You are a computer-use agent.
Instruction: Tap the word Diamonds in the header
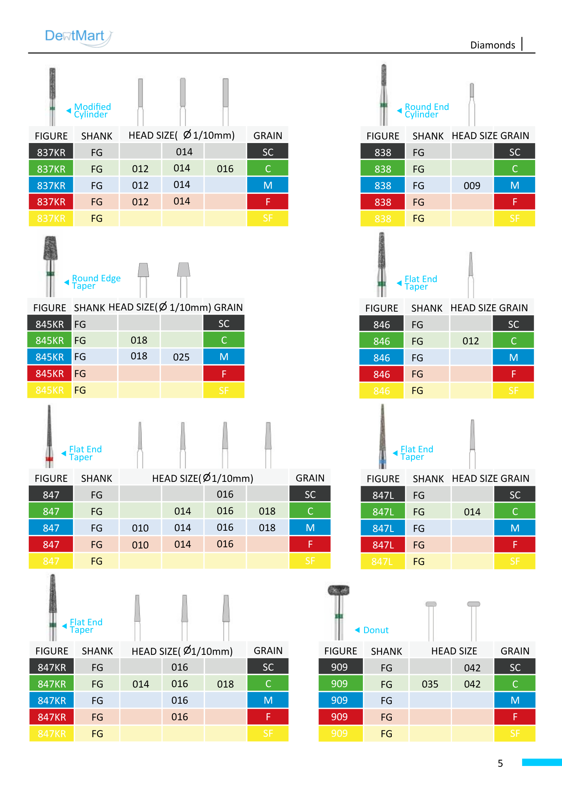[x=493, y=45]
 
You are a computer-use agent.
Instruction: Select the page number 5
[x=500, y=763]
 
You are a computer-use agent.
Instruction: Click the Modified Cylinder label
[x=93, y=110]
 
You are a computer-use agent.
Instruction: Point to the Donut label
[x=376, y=630]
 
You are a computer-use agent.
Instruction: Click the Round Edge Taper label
[x=96, y=282]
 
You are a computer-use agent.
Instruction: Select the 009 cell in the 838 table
[x=472, y=186]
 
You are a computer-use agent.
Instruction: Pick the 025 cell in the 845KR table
[x=181, y=357]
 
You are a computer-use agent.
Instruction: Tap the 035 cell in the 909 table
[x=430, y=684]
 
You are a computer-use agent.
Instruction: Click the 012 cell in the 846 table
[x=471, y=341]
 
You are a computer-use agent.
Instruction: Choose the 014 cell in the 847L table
[x=472, y=512]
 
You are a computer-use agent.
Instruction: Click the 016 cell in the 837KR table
[x=225, y=169]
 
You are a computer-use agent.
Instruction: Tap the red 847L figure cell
[x=383, y=545]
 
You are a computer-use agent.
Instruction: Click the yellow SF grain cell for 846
[x=513, y=390]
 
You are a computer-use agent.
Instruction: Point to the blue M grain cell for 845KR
[x=224, y=357]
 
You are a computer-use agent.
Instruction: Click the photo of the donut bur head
[x=339, y=590]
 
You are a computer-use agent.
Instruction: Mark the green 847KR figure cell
[x=52, y=684]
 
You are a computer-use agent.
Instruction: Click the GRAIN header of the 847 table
[x=310, y=478]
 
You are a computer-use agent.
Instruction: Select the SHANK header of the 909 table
[x=387, y=651]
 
